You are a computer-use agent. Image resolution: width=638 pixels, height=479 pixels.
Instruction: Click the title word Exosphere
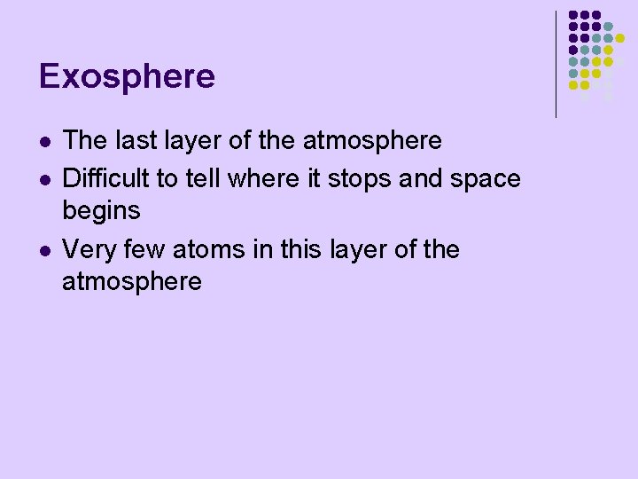[127, 77]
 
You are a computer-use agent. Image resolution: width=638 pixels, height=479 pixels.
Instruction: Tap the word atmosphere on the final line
[132, 283]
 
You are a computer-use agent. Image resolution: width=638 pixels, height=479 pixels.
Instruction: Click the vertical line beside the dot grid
[556, 64]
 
